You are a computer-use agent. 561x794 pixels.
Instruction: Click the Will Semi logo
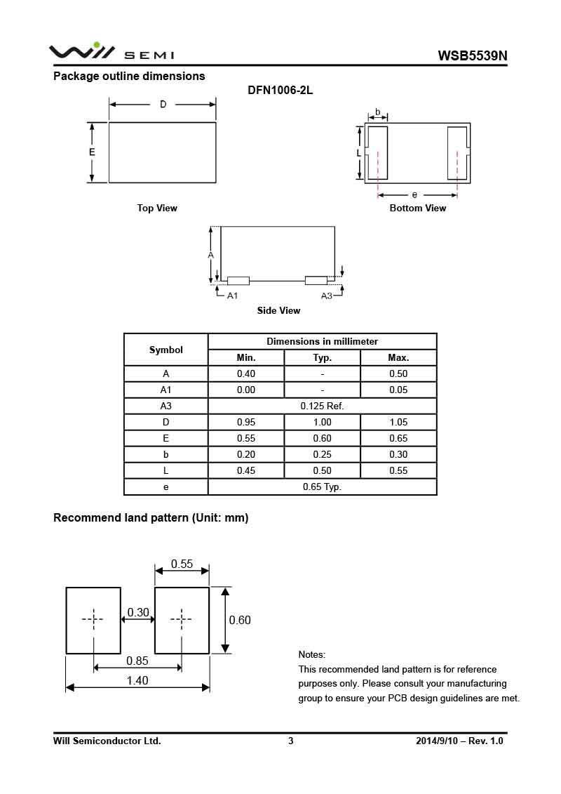(111, 52)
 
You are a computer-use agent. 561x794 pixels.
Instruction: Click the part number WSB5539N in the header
(472, 55)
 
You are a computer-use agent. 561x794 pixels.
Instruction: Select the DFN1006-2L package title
(280, 91)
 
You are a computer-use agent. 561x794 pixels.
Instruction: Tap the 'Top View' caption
(157, 208)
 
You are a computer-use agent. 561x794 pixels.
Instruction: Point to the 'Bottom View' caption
(417, 208)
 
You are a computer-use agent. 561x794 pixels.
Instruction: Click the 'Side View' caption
(278, 310)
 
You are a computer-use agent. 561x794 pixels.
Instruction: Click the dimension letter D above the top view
(163, 105)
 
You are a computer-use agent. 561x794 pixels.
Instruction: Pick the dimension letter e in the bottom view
(414, 194)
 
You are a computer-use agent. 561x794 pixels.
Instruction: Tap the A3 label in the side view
(326, 296)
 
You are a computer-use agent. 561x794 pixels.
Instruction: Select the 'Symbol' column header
(166, 350)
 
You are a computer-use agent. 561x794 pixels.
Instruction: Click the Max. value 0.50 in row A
(398, 373)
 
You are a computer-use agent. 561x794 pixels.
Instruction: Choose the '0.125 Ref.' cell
(322, 406)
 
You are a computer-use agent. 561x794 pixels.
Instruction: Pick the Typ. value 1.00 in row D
(322, 422)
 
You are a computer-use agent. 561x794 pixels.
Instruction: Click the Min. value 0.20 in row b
(246, 454)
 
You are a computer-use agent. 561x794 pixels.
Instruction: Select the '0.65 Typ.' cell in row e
(322, 487)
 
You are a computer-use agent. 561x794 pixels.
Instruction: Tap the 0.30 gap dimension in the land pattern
(138, 613)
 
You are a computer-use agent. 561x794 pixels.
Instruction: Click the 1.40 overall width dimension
(137, 680)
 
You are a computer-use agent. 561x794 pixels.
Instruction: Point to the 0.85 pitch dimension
(137, 661)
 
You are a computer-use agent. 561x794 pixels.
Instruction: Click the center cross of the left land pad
(93, 619)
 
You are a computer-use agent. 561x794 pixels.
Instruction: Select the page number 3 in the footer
(290, 741)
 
